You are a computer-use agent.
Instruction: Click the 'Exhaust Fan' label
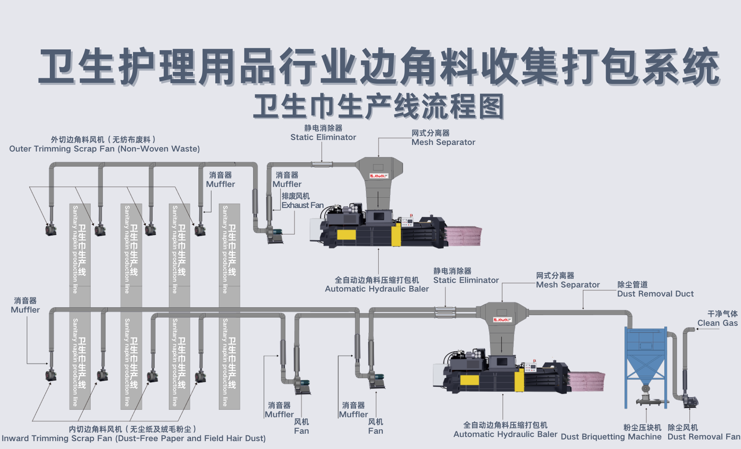303,205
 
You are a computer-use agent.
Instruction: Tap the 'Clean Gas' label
718,323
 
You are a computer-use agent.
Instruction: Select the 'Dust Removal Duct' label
655,294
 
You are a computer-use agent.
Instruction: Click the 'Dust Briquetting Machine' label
611,437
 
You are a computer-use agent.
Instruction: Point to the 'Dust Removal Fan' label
704,437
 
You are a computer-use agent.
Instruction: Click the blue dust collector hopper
645,354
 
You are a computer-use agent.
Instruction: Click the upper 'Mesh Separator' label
443,142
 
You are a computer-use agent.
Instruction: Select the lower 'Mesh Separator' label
568,285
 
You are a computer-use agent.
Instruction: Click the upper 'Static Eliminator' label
323,137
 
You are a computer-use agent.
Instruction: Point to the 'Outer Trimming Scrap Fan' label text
104,149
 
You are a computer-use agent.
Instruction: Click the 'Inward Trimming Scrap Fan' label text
133,438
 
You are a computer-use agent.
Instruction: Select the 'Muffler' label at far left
25,310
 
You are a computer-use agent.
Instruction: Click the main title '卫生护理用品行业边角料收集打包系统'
379,66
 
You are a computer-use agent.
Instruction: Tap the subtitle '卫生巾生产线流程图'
379,106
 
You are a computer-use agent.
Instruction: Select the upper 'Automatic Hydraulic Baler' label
377,289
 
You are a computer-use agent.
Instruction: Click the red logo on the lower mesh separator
503,320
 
